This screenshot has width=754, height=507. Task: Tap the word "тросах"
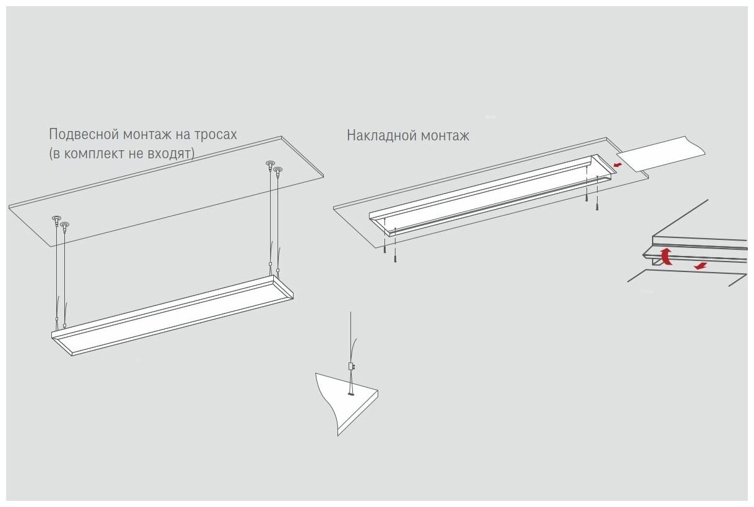pos(214,134)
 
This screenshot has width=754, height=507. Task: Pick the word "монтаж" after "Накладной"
pos(444,135)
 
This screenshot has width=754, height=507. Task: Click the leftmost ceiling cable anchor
pos(56,218)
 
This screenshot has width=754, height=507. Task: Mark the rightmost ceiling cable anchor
pos(278,169)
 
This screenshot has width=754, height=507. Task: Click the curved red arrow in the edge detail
pos(666,255)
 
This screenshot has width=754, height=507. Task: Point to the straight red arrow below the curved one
pos(700,266)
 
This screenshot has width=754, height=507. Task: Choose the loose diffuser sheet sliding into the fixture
pos(661,155)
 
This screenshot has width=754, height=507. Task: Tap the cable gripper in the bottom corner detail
pos(350,366)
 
